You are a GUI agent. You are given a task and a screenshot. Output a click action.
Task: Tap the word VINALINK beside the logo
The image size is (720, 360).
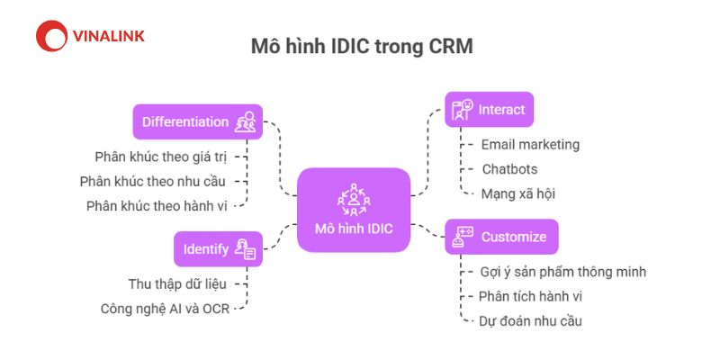[109, 36]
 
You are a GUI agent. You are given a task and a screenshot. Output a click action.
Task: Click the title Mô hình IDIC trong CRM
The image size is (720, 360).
[362, 47]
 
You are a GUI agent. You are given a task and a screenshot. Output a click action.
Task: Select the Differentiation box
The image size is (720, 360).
[198, 121]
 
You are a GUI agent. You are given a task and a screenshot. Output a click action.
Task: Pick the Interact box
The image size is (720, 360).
[490, 110]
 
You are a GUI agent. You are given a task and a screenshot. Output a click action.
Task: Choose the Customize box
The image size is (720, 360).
[502, 237]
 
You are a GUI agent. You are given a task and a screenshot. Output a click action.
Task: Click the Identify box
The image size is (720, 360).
[218, 249]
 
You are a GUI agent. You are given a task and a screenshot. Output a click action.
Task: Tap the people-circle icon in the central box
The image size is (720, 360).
[354, 200]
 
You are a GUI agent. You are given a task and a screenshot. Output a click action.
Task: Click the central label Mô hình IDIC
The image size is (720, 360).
[354, 229]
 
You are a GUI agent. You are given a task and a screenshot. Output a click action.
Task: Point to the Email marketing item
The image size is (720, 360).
[530, 145]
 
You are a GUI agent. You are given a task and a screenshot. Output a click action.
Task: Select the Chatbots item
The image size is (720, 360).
[509, 169]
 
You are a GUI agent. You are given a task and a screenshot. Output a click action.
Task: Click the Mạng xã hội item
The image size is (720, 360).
[518, 193]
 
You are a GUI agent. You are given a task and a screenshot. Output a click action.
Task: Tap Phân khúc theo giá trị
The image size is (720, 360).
[161, 157]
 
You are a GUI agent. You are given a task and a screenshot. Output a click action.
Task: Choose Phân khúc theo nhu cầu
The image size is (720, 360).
[153, 182]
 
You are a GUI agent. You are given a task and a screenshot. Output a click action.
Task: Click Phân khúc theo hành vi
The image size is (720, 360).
[157, 206]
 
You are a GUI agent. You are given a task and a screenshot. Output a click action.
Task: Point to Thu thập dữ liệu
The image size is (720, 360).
[177, 284]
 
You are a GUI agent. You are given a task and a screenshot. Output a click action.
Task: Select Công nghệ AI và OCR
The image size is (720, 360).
[165, 309]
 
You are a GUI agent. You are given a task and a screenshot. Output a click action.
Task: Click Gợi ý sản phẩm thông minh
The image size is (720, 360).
[563, 272]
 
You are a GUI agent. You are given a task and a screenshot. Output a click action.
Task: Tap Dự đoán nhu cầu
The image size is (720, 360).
[530, 321]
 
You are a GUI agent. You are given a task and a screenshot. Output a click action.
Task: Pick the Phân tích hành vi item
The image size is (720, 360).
[530, 297]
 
